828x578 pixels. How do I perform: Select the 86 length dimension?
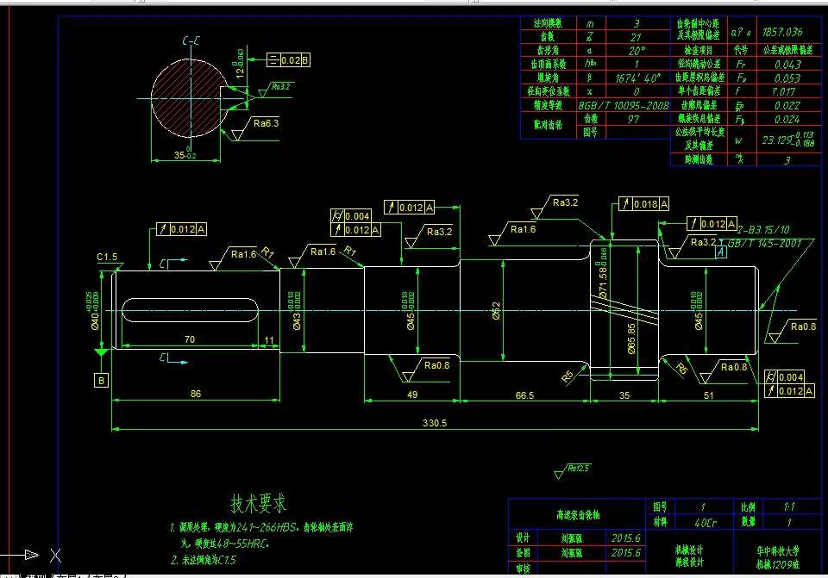[196, 394]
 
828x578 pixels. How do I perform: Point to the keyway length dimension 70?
[189, 340]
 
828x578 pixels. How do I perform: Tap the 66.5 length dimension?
[524, 395]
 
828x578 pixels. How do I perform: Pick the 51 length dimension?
[708, 395]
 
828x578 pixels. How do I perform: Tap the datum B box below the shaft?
[102, 380]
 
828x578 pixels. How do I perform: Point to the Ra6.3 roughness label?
[266, 123]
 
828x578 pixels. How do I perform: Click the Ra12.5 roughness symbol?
[577, 469]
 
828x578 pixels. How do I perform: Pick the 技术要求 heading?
[258, 502]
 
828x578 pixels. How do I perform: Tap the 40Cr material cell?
[682, 522]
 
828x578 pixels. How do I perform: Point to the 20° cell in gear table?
[637, 50]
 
